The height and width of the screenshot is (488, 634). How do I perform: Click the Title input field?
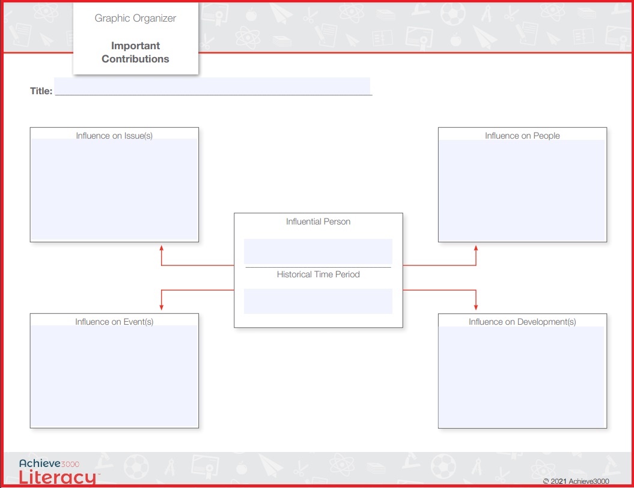[212, 86]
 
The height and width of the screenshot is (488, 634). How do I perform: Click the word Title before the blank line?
[41, 91]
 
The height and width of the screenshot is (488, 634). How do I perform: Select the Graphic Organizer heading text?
[135, 19]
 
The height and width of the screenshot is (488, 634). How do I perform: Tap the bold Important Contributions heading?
[135, 52]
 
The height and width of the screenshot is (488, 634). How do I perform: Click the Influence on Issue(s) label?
[114, 136]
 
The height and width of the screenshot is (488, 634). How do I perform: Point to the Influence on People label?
[522, 136]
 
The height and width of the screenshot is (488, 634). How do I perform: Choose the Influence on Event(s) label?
[114, 322]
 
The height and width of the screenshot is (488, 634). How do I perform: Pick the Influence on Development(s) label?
[522, 322]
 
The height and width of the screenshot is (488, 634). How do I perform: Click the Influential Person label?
[319, 221]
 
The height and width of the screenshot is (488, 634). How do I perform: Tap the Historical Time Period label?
[319, 274]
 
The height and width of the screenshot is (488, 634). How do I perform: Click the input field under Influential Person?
[319, 252]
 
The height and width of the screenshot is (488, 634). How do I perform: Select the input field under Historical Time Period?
[319, 301]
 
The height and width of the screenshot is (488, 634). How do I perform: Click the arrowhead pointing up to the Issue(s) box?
[161, 248]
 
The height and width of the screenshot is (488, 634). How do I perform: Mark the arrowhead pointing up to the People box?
[476, 248]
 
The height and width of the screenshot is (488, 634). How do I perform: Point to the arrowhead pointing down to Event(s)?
[161, 307]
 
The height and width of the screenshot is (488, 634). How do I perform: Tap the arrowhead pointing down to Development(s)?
[476, 307]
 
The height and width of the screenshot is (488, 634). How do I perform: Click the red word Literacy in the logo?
[58, 477]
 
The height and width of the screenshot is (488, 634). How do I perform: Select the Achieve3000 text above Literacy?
[49, 463]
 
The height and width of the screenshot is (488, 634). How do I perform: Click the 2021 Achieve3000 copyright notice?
[576, 481]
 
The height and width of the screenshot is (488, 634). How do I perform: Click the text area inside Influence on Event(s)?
[114, 376]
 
